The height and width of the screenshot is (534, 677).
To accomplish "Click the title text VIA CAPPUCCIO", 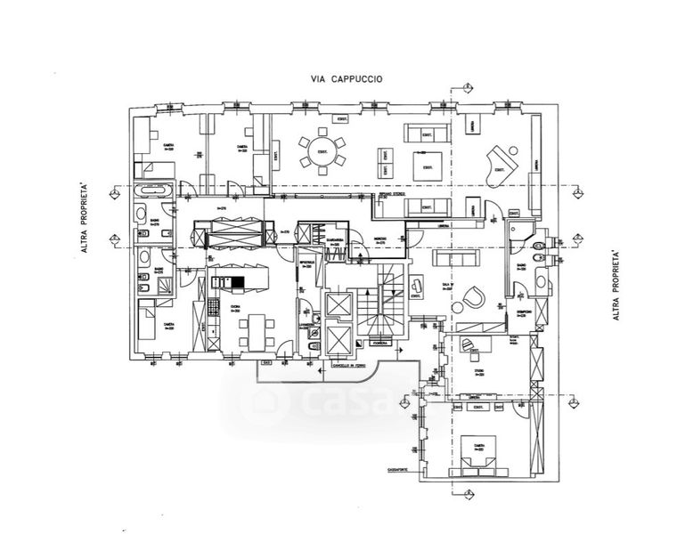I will click(347, 78).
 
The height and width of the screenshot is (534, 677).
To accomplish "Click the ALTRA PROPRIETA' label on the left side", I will click(85, 218).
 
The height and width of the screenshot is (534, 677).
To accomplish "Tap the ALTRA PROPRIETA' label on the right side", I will click(616, 285).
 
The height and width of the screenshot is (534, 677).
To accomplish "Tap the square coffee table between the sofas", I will click(428, 165).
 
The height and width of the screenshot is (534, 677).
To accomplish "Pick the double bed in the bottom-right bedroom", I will click(479, 455).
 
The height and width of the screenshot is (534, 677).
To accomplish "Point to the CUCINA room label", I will click(235, 307).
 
